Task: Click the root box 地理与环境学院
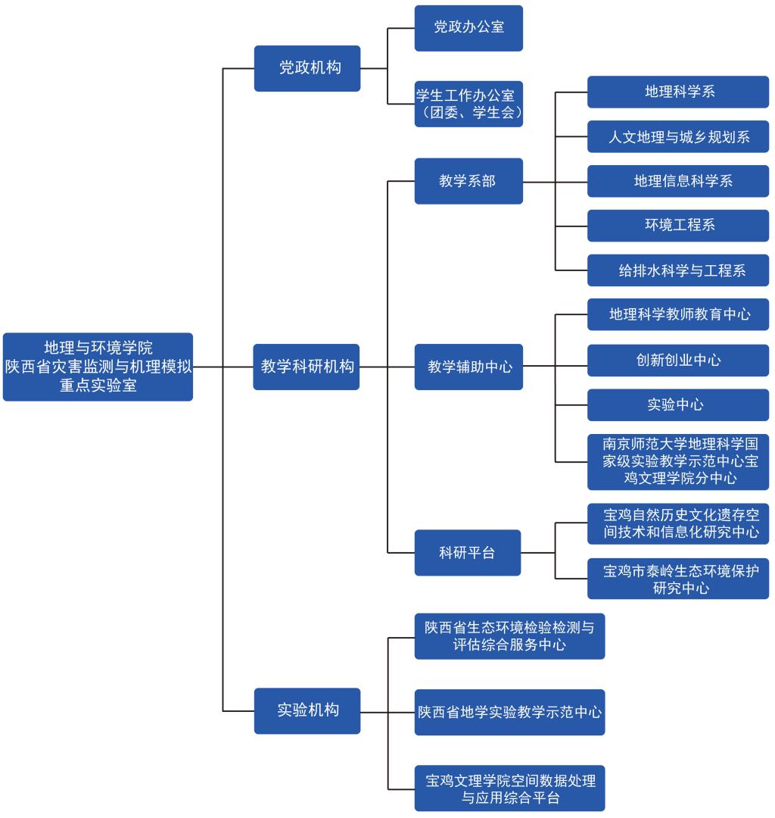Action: [98, 367]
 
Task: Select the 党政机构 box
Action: [307, 68]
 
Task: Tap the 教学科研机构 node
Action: [307, 367]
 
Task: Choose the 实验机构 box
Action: [307, 711]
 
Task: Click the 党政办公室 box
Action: [468, 28]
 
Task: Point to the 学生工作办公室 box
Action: [468, 104]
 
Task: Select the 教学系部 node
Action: [468, 181]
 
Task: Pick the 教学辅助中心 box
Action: [468, 367]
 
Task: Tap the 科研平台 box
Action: [468, 553]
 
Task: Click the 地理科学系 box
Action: [678, 92]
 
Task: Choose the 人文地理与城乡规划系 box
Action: [678, 136]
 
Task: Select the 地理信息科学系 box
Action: [678, 181]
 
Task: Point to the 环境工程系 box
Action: [678, 226]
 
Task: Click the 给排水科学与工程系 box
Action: [678, 270]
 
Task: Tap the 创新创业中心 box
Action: [678, 360]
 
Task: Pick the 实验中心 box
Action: [678, 404]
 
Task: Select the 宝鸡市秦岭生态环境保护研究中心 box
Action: [678, 579]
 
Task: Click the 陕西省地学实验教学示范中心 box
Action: [509, 713]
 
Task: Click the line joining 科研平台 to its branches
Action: [538, 553]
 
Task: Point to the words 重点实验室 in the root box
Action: [98, 386]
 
